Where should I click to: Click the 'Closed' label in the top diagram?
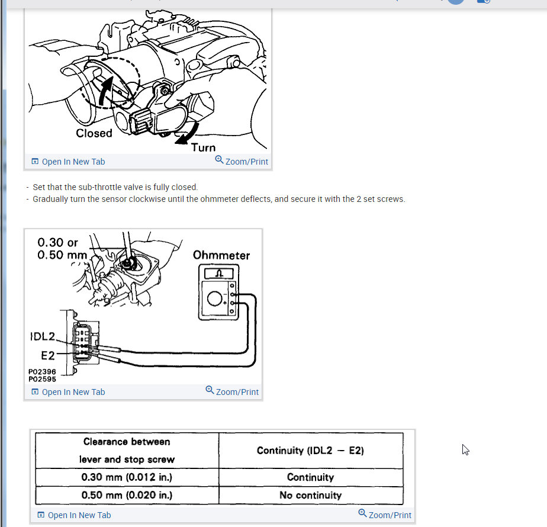94,133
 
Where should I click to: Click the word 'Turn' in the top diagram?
203,147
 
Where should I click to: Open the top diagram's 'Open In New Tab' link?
68,162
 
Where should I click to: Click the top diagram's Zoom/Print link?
242,161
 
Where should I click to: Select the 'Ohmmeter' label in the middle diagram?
221,255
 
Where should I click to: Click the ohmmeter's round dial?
215,298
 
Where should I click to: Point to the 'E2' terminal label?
47,355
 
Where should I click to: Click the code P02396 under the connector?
42,372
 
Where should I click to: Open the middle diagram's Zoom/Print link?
232,391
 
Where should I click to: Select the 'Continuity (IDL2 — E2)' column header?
310,451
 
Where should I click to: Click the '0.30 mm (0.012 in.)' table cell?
127,477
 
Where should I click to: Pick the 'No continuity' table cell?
310,495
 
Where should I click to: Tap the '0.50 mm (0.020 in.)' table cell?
127,495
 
